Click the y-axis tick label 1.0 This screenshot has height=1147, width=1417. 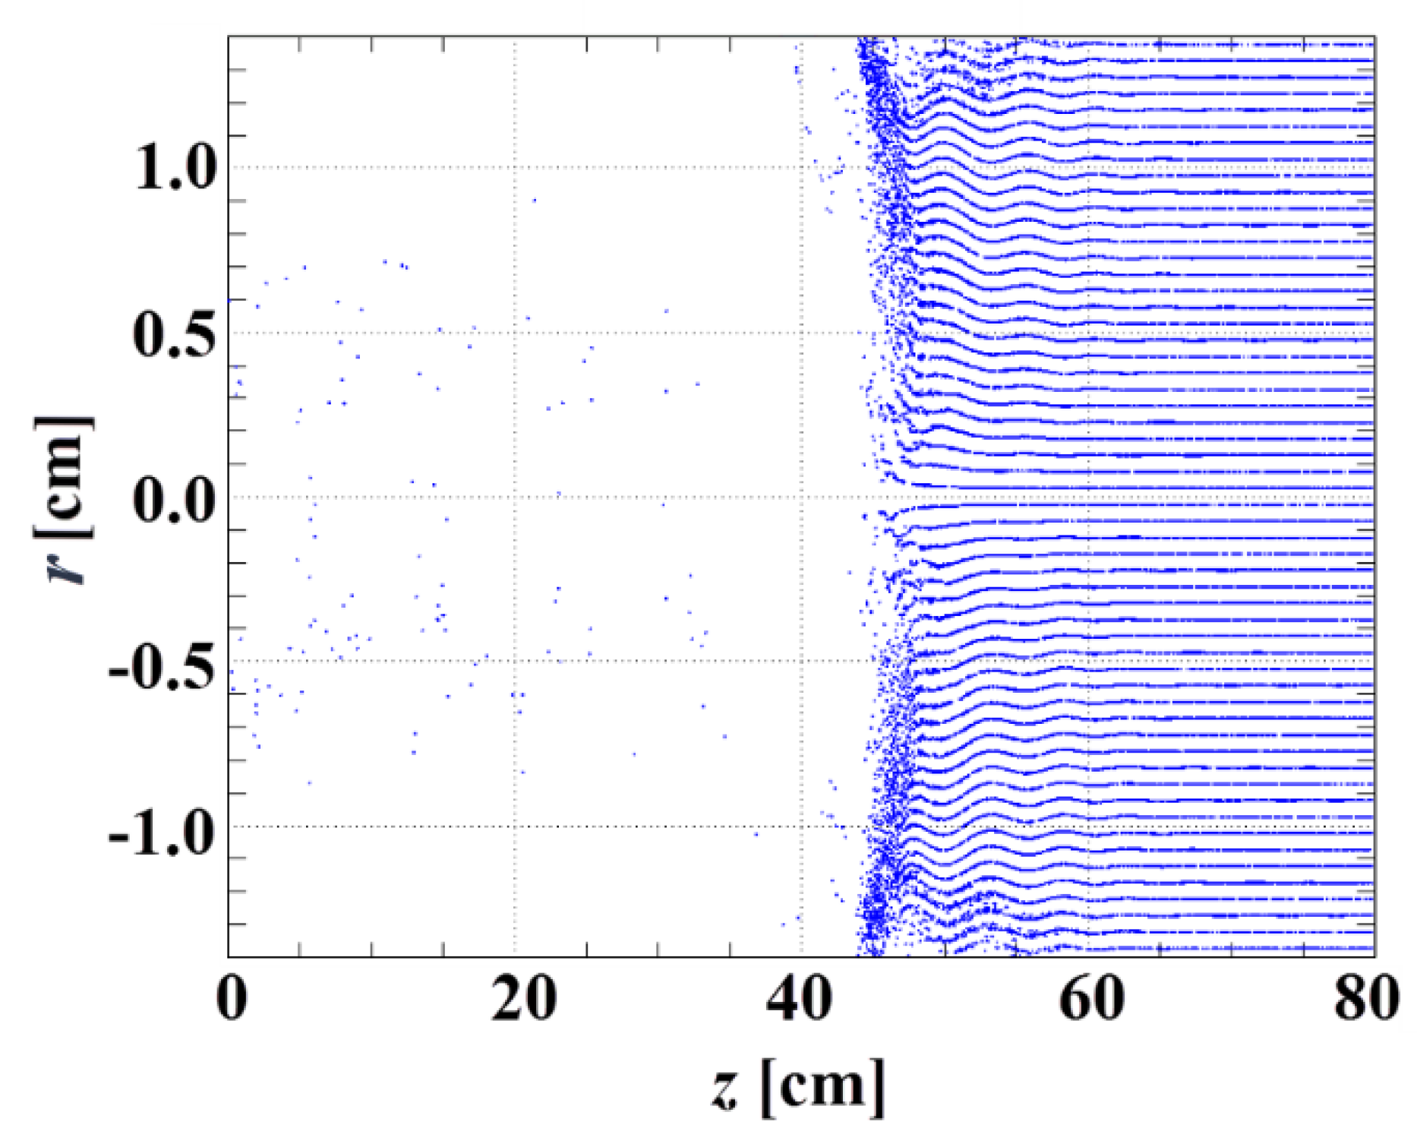175,167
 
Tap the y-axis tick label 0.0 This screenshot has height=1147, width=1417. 174,498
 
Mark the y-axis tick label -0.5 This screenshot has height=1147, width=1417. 161,665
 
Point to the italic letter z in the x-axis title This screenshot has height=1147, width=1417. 726,1088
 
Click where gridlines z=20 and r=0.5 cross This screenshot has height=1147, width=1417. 515,332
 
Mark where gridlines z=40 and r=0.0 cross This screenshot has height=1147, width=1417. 803,497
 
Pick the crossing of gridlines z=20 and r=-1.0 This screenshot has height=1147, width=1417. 515,826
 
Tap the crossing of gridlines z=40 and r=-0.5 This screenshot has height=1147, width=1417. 803,661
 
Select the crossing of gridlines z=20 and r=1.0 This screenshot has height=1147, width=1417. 515,167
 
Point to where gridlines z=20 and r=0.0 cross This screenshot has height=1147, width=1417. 515,497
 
